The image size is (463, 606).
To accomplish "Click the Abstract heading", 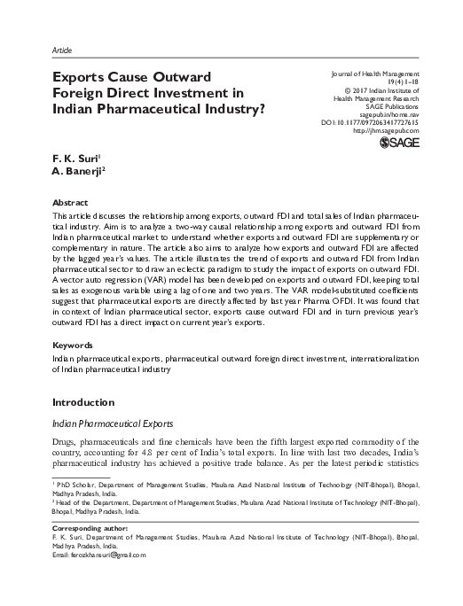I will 71,202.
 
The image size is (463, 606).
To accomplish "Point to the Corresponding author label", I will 92,526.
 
